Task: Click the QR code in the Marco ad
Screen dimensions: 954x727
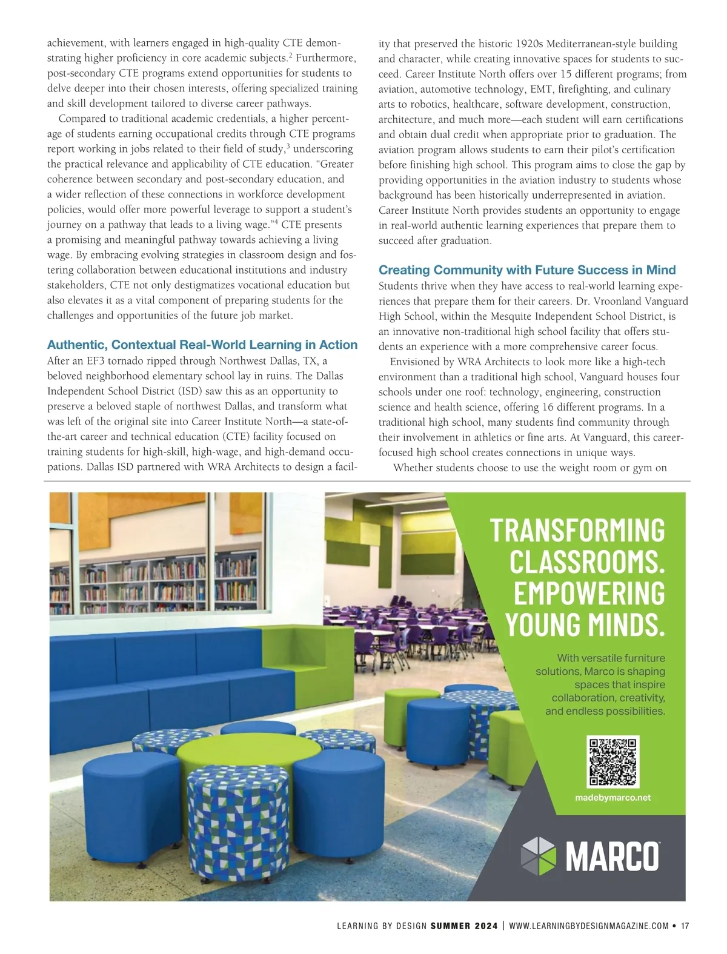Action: tap(613, 761)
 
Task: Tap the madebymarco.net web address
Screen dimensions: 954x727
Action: tap(612, 798)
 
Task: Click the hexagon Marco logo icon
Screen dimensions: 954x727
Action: tap(538, 856)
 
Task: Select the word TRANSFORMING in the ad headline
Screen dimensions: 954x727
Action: tap(577, 530)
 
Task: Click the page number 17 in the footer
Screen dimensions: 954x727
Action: tap(685, 926)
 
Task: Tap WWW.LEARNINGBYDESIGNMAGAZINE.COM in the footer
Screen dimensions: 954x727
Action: tap(589, 926)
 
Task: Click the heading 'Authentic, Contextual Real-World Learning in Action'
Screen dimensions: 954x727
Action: tap(202, 345)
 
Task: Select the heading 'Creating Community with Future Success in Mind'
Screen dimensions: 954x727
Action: tap(527, 270)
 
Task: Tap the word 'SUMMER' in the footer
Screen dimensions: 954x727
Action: tap(451, 926)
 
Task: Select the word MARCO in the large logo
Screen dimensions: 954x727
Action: tap(612, 856)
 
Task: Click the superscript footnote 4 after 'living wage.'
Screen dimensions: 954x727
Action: tap(276, 222)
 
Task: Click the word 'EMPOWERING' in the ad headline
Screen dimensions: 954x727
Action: tap(589, 593)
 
